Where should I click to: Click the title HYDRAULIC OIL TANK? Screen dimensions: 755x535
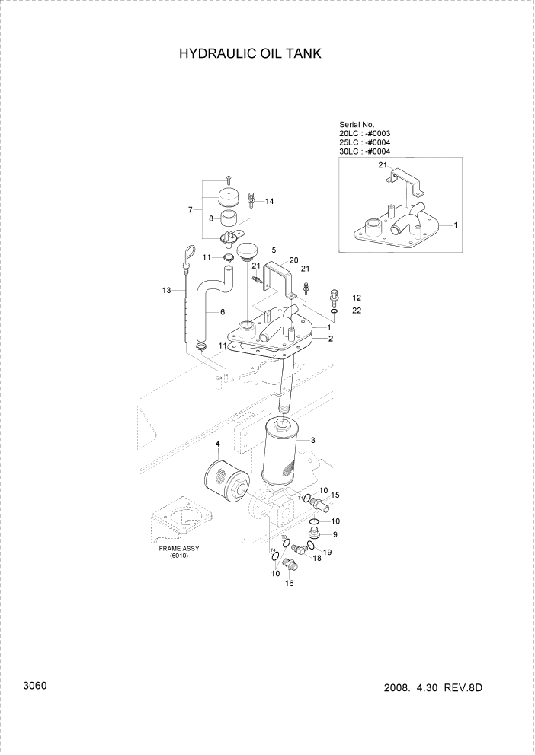[249, 54]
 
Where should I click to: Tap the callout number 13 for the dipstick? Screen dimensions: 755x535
[166, 290]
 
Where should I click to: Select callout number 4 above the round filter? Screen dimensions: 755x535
[217, 444]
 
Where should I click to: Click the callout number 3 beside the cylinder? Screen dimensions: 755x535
[312, 440]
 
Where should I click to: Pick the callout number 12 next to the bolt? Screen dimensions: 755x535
[355, 297]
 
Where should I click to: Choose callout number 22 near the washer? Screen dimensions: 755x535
[355, 311]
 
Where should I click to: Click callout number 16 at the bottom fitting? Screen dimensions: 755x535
[289, 583]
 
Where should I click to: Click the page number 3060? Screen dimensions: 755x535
[35, 686]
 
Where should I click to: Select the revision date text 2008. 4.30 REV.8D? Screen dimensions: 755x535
[434, 688]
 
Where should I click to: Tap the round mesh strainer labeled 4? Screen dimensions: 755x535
[226, 485]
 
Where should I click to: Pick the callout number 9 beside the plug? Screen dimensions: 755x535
[334, 534]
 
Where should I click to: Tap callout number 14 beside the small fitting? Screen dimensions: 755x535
[269, 201]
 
